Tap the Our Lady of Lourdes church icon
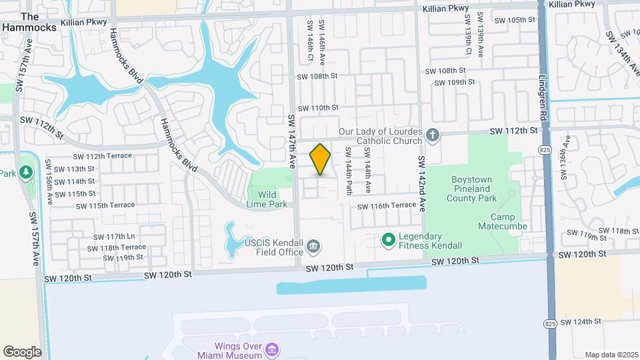point(433,135)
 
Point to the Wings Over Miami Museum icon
point(271,349)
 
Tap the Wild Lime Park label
point(267,199)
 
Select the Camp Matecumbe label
point(509,222)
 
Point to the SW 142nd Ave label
point(421,184)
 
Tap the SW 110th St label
point(319,108)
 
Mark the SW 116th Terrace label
point(387,206)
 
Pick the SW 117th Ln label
point(114,237)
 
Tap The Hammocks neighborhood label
point(30,21)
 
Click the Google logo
point(22,351)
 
